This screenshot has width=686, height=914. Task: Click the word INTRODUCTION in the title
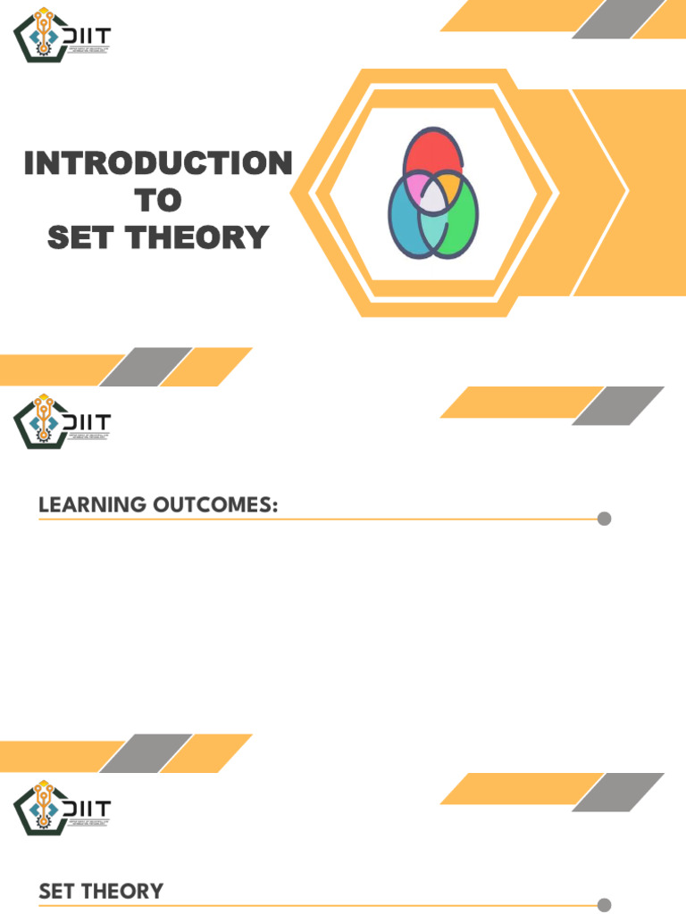[x=157, y=164]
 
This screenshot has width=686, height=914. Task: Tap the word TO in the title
[x=157, y=201]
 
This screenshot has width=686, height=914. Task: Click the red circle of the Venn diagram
[x=433, y=152]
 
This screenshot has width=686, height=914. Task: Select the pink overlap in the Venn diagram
[x=415, y=187]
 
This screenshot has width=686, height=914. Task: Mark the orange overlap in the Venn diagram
[x=449, y=187]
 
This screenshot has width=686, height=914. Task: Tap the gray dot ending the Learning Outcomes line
[x=604, y=519]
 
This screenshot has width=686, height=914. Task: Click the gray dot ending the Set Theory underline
[x=604, y=904]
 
